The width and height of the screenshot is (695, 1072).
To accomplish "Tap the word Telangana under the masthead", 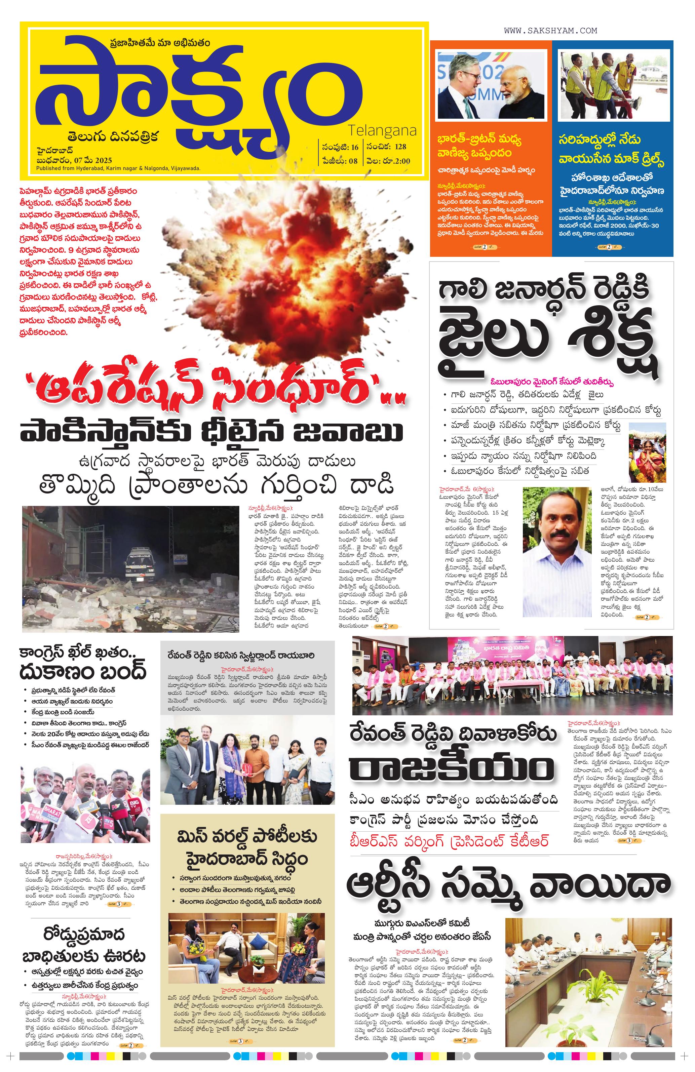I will coord(382,131).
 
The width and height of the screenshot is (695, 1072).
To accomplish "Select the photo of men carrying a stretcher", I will coord(613,86).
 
